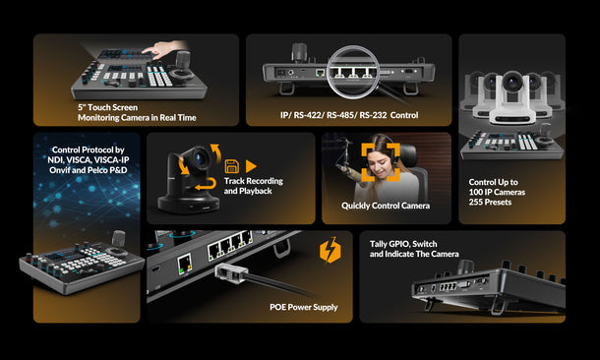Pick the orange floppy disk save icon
(232, 166)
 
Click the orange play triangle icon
(251, 166)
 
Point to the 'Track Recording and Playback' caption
(253, 186)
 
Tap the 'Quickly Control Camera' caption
(386, 207)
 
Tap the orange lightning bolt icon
(330, 253)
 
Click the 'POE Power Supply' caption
(304, 307)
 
